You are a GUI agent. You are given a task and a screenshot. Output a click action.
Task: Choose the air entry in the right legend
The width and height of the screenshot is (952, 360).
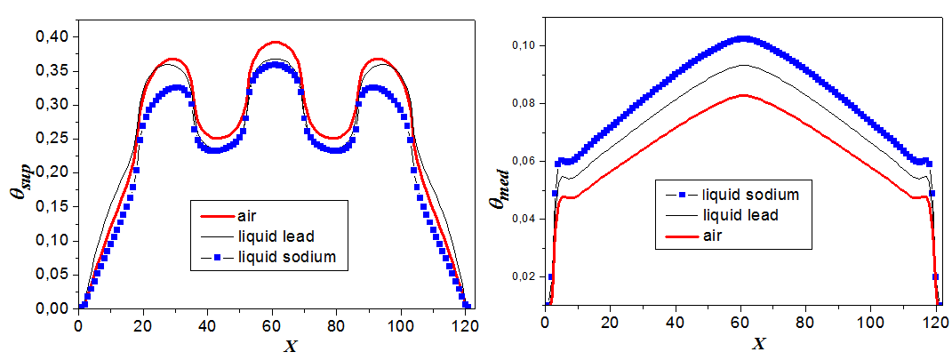click(x=713, y=236)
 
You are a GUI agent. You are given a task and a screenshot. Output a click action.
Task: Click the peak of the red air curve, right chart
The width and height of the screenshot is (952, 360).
click(x=743, y=95)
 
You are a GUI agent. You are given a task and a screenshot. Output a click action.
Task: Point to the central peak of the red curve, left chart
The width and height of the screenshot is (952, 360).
click(x=276, y=42)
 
